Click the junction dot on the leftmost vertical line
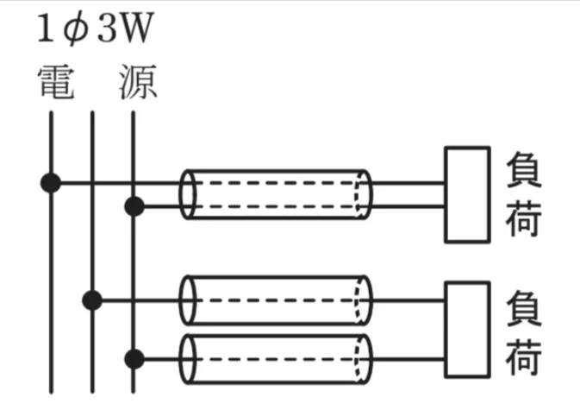pos(51,183)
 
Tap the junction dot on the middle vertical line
pos(92,300)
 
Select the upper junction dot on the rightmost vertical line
pos(134,206)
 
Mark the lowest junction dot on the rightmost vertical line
pos(134,357)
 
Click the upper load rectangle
pos(466,194)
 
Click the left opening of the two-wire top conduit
pos(187,194)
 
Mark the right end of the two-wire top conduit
pos(364,194)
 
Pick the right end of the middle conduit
pos(364,300)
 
